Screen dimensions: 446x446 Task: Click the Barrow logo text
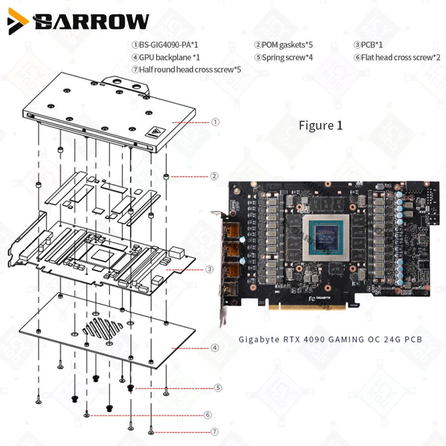point(91,21)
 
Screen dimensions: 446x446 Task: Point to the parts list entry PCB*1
point(368,45)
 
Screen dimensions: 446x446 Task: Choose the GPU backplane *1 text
point(165,57)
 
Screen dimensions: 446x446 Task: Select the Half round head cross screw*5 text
point(186,69)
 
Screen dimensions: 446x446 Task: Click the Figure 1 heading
point(321,125)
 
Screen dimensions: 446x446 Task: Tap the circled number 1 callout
point(215,122)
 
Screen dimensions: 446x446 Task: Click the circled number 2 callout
point(215,176)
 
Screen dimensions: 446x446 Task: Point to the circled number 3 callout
point(209,269)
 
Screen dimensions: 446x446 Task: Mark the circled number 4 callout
point(215,347)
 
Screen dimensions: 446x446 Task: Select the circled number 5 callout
point(218,388)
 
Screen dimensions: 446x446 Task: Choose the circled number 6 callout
point(208,415)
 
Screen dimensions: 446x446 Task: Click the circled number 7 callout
point(215,432)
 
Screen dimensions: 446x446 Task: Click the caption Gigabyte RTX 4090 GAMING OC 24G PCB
point(330,339)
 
